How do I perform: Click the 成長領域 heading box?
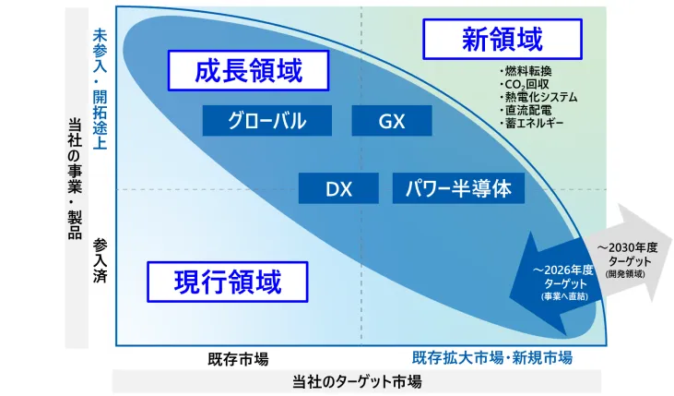pyautogui.click(x=248, y=71)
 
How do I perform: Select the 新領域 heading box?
pyautogui.click(x=503, y=39)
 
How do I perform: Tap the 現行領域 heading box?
pyautogui.click(x=228, y=282)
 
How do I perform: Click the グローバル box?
pyautogui.click(x=267, y=121)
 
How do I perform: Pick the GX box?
pyautogui.click(x=392, y=121)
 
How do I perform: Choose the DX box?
pyautogui.click(x=338, y=188)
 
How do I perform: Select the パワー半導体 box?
pyautogui.click(x=458, y=188)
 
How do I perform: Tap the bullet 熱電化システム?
pyautogui.click(x=538, y=97)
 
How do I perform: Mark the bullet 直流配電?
pyautogui.click(x=526, y=110)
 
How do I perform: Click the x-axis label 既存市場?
pyautogui.click(x=238, y=359)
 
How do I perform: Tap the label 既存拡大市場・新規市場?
pyautogui.click(x=492, y=357)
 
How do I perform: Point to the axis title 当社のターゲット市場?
pyautogui.click(x=357, y=382)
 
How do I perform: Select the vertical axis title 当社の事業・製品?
pyautogui.click(x=76, y=178)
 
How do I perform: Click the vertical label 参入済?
pyautogui.click(x=100, y=261)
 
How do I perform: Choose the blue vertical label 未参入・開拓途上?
pyautogui.click(x=100, y=90)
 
